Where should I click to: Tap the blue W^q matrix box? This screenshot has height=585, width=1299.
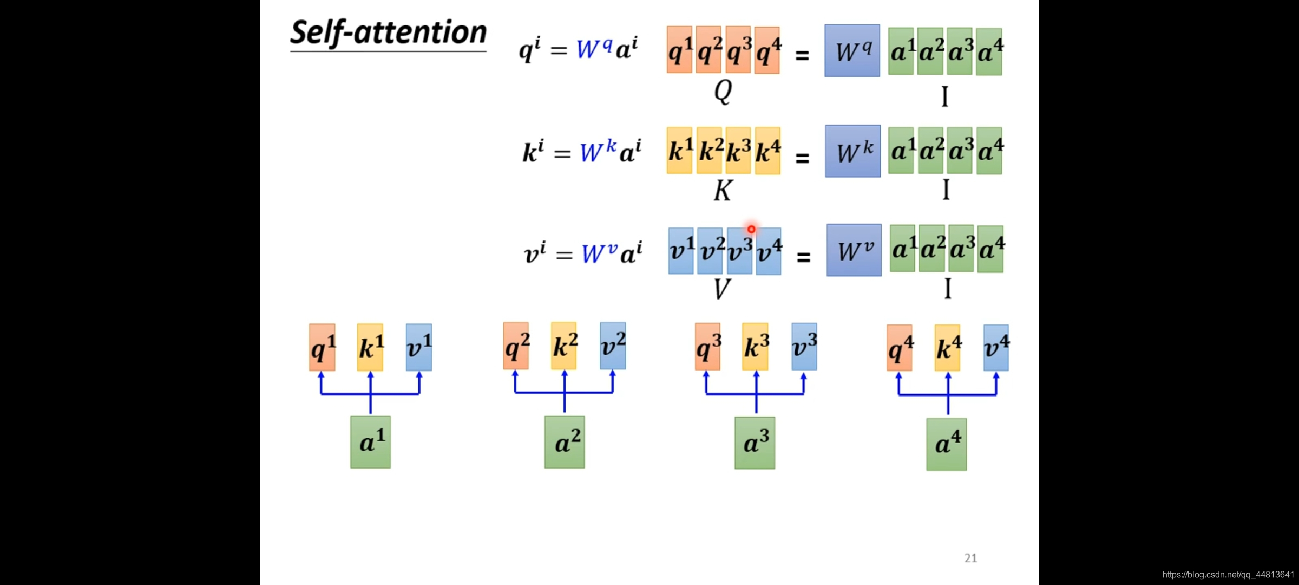[852, 51]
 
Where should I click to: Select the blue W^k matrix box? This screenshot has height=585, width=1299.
[852, 152]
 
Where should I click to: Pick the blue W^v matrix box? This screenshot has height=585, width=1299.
[854, 250]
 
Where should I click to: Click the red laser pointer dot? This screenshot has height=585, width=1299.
[751, 229]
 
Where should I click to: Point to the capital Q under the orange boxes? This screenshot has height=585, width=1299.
[723, 91]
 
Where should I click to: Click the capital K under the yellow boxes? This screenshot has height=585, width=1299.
[723, 191]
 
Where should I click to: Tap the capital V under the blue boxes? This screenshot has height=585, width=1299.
[722, 289]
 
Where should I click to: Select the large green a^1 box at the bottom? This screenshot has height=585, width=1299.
[370, 442]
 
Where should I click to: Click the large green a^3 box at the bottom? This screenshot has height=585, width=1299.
[755, 443]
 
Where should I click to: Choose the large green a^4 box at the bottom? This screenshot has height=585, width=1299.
[946, 444]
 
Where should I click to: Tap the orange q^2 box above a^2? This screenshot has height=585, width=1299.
[516, 346]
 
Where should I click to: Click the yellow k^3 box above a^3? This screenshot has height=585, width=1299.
[755, 347]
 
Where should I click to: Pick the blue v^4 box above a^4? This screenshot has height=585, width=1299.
[996, 348]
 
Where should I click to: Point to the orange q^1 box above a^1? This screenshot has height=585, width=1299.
[322, 347]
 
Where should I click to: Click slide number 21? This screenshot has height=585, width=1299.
[970, 558]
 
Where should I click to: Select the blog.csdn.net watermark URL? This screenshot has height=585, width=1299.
[1228, 574]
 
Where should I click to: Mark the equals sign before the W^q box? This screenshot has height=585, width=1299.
[802, 55]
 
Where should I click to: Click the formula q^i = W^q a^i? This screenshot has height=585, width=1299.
[578, 50]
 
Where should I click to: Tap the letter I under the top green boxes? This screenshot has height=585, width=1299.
[944, 96]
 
